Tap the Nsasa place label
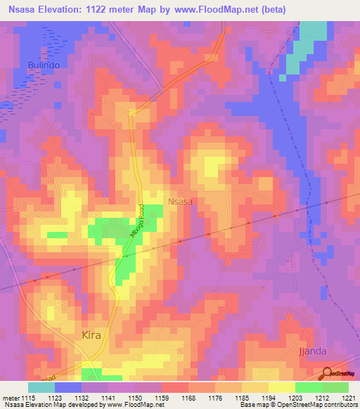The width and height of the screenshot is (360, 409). click(x=181, y=201)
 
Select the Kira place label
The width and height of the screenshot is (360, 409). click(x=91, y=335)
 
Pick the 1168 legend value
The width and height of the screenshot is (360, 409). click(x=188, y=398)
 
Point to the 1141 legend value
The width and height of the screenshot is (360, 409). click(x=108, y=398)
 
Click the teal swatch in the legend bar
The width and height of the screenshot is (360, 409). click(x=41, y=387)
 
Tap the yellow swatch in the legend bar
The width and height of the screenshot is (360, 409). click(x=282, y=387)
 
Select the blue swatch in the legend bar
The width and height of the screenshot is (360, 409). click(x=68, y=387)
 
